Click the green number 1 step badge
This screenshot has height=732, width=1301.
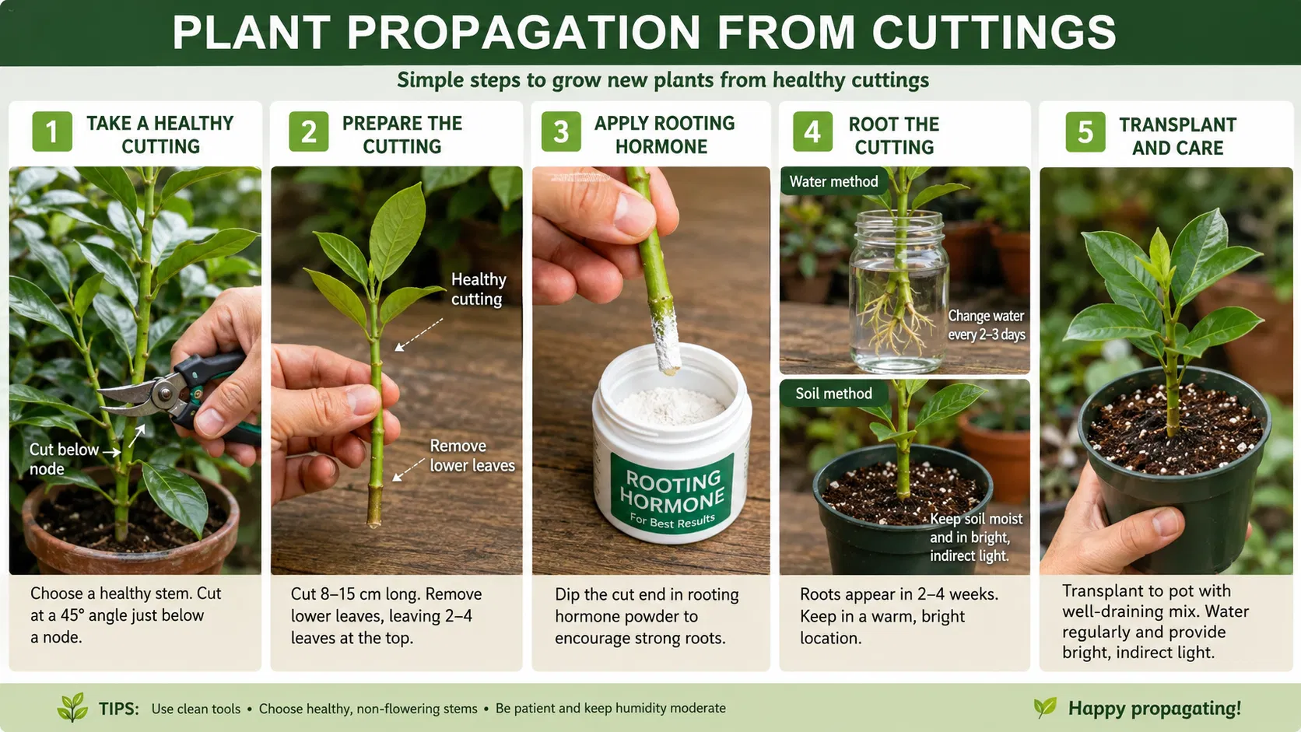click(x=52, y=131)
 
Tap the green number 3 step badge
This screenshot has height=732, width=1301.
click(x=561, y=131)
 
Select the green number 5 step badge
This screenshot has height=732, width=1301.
click(x=1085, y=132)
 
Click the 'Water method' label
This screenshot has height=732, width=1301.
click(x=833, y=182)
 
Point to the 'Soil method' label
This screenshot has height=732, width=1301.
click(x=833, y=394)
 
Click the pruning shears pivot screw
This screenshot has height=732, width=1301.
click(x=165, y=394)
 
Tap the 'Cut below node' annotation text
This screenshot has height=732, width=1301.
click(x=64, y=459)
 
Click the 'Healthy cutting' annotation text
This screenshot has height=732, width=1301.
click(x=479, y=289)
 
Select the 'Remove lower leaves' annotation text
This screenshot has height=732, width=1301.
click(x=472, y=456)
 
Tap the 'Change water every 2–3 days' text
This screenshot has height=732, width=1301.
click(x=986, y=325)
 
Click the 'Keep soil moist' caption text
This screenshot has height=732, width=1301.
click(x=977, y=519)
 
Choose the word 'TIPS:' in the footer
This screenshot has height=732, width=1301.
click(x=118, y=709)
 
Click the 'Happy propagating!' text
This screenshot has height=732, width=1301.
click(x=1154, y=708)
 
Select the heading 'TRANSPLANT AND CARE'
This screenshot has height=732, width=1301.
click(x=1178, y=136)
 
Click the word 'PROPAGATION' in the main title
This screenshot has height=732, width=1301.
click(x=524, y=33)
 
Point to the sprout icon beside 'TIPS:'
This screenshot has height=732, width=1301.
click(x=72, y=707)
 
